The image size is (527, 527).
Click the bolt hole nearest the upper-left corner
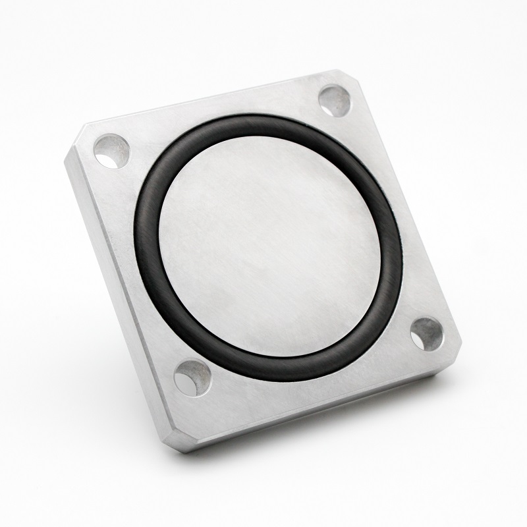click(x=111, y=150)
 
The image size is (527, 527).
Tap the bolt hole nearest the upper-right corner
click(x=333, y=101)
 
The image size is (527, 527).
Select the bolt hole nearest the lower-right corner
click(x=426, y=333)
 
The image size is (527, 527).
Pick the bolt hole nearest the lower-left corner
click(x=191, y=377)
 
